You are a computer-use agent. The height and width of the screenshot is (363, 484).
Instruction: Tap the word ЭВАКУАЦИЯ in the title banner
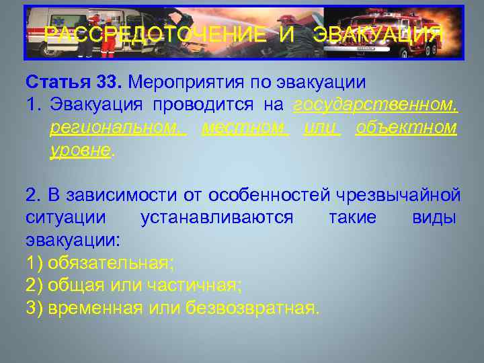(x=377, y=34)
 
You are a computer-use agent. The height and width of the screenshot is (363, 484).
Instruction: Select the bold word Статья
(x=58, y=83)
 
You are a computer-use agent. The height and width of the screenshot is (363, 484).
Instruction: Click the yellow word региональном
(x=118, y=127)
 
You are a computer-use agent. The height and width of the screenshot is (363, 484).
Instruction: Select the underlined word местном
(x=245, y=127)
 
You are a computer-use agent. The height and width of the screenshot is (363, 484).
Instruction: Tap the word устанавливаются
(x=217, y=218)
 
